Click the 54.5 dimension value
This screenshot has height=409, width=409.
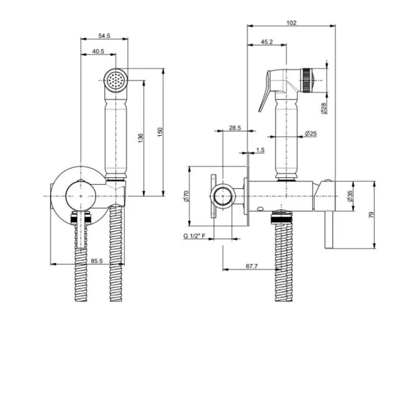click(104, 35)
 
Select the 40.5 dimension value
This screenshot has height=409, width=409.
click(98, 51)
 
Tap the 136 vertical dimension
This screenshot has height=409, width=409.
click(140, 138)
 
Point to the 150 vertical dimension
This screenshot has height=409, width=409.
click(160, 132)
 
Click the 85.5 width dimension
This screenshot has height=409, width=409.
click(97, 261)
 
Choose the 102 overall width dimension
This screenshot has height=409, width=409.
click(291, 23)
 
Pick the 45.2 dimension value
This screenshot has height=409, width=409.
click(267, 42)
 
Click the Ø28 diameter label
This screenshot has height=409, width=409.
click(323, 108)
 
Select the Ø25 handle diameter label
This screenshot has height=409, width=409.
click(311, 134)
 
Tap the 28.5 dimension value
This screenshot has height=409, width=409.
click(235, 128)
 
